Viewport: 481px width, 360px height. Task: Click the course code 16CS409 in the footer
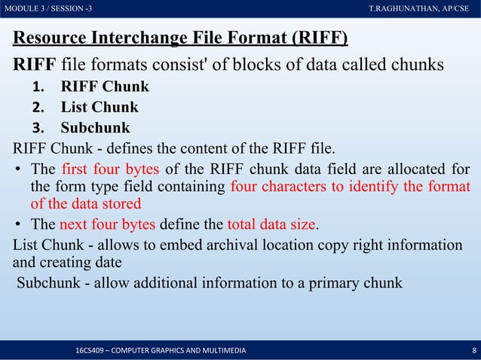(x=91, y=351)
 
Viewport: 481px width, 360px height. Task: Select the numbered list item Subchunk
(x=95, y=127)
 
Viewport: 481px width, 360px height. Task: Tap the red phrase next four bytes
(x=107, y=224)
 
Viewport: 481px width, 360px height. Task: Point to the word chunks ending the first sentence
(x=414, y=64)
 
